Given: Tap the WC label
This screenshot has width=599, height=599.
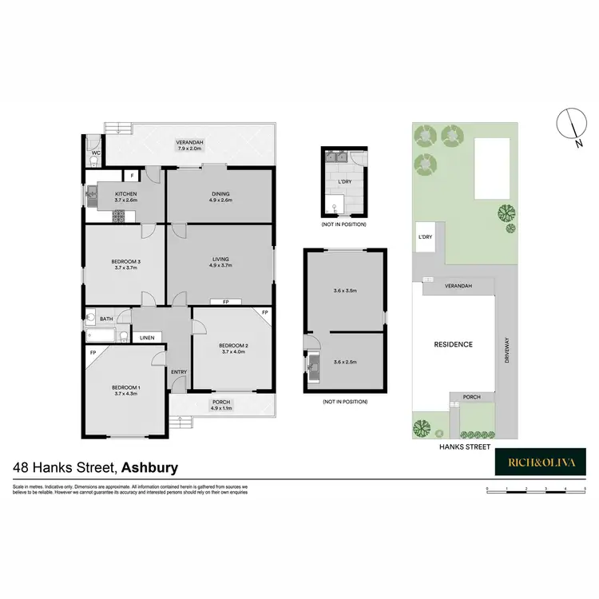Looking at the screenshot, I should pos(94,153).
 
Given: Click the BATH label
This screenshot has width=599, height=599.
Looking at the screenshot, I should pos(106,319).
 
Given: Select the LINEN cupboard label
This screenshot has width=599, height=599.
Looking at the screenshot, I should pos(147,339).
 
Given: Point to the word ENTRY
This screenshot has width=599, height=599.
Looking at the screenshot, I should pos(178,372).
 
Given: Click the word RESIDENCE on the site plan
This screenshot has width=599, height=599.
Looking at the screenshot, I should pos(454,344).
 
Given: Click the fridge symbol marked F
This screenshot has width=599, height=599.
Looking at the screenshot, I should pos(132,175).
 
